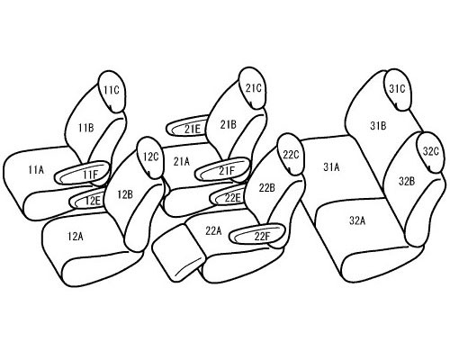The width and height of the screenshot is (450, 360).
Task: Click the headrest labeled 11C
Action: pyautogui.click(x=112, y=92)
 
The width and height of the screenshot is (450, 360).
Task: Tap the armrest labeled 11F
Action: pyautogui.click(x=82, y=173)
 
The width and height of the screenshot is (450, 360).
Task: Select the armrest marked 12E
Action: pyautogui.click(x=88, y=200)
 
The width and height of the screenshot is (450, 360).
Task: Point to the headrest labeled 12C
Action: pyautogui.click(x=150, y=158)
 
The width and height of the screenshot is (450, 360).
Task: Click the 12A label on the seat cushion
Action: pyautogui.click(x=76, y=237)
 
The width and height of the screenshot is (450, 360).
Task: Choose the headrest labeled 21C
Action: pyautogui.click(x=253, y=88)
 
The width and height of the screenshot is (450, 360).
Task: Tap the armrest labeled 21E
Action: pyautogui.click(x=187, y=127)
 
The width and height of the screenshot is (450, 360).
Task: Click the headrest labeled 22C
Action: pyautogui.click(x=291, y=154)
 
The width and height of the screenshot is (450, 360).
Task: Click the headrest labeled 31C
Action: pyautogui.click(x=398, y=90)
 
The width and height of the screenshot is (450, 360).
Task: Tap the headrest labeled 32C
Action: pyautogui.click(x=432, y=152)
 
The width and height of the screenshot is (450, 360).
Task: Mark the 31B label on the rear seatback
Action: pyautogui.click(x=378, y=126)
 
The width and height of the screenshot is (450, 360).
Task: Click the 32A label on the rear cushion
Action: pyautogui.click(x=357, y=221)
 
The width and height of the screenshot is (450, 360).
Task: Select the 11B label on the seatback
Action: pyautogui.click(x=86, y=128)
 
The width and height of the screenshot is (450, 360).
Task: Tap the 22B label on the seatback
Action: pyautogui.click(x=267, y=188)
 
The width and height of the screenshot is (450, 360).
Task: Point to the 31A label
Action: pyautogui.click(x=331, y=166)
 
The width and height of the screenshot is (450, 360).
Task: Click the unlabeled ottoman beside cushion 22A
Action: pyautogui.click(x=178, y=253)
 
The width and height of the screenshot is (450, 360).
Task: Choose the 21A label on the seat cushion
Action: pyautogui.click(x=182, y=162)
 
